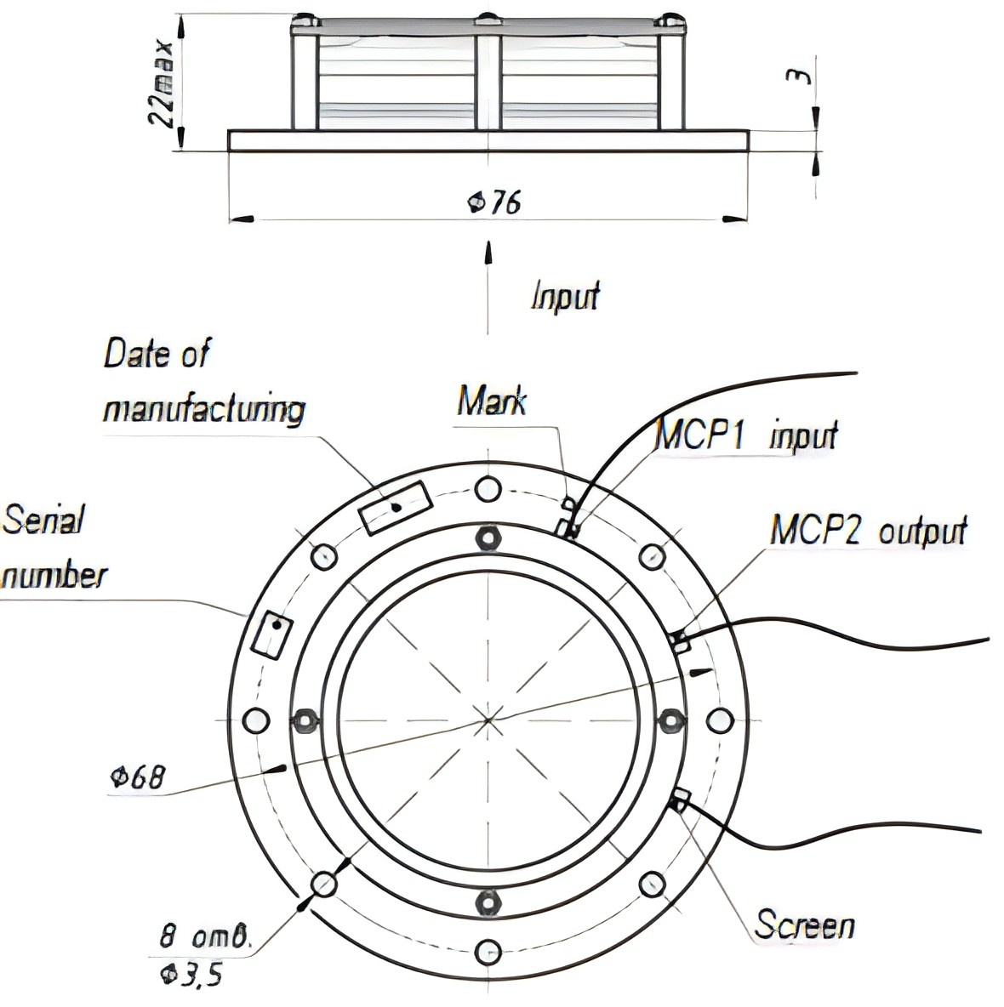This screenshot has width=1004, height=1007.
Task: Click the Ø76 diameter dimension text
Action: point(494,203)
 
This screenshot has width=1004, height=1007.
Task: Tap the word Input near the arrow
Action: point(565,296)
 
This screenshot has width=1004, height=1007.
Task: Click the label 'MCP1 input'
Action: point(747,435)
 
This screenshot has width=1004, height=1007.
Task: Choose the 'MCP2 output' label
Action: point(869,531)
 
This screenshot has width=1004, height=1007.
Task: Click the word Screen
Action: point(805,925)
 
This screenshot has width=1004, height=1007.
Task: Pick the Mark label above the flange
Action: point(492,401)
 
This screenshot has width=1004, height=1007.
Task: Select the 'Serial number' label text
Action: point(54,547)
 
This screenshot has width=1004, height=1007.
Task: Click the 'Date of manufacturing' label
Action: point(204,382)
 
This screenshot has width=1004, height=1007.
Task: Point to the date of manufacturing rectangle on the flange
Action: point(395,508)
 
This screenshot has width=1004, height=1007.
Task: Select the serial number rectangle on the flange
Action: point(271,635)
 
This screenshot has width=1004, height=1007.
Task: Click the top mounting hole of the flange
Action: point(488,489)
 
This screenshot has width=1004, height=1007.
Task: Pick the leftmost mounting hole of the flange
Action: point(255,720)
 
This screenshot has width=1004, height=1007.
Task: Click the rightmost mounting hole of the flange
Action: point(720,720)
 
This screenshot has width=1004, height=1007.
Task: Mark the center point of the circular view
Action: point(488,720)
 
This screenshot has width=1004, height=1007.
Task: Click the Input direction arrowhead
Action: point(488,252)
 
